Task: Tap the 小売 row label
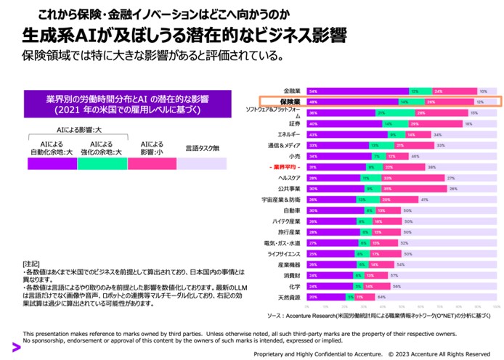pyautogui.click(x=294, y=156)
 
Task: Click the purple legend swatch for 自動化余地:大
pyautogui.click(x=52, y=164)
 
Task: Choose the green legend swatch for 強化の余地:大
pyautogui.click(x=102, y=164)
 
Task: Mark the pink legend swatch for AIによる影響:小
pyautogui.click(x=153, y=164)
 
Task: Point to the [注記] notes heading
pyautogui.click(x=32, y=263)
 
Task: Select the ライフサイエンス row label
pyautogui.click(x=285, y=253)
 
